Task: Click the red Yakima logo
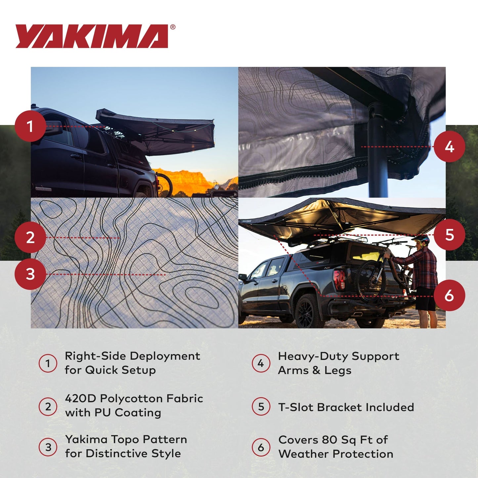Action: pyautogui.click(x=92, y=36)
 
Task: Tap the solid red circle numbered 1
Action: pyautogui.click(x=30, y=126)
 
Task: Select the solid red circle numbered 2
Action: pyautogui.click(x=30, y=238)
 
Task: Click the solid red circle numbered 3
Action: pyautogui.click(x=30, y=274)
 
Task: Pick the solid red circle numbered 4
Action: pyautogui.click(x=449, y=147)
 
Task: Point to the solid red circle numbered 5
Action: pyautogui.click(x=449, y=235)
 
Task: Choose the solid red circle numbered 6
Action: pyautogui.click(x=449, y=295)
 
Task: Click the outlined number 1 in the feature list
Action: pyautogui.click(x=48, y=363)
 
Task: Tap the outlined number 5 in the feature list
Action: pyautogui.click(x=261, y=407)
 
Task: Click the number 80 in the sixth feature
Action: pyautogui.click(x=329, y=440)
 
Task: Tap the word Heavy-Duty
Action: pyautogui.click(x=313, y=356)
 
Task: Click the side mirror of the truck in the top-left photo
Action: pyautogui.click(x=53, y=128)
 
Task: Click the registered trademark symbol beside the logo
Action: pyautogui.click(x=173, y=27)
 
